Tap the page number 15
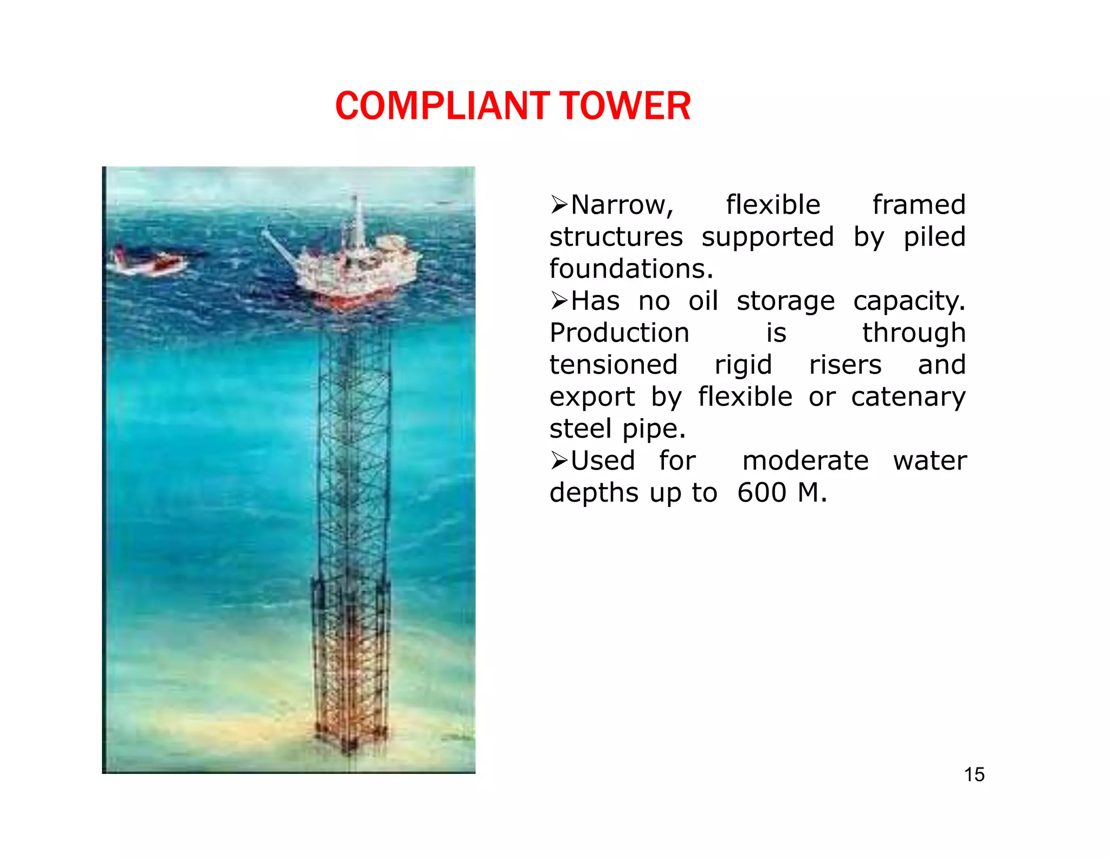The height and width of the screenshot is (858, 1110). pyautogui.click(x=974, y=774)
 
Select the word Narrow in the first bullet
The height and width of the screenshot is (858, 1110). pyautogui.click(x=622, y=205)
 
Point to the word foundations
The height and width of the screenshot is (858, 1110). pyautogui.click(x=631, y=269)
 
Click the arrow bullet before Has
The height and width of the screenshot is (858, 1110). pyautogui.click(x=559, y=300)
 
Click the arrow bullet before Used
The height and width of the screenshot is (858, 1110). pyautogui.click(x=559, y=460)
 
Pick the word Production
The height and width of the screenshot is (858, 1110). pyautogui.click(x=619, y=333)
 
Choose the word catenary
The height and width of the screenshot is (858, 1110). pyautogui.click(x=908, y=397)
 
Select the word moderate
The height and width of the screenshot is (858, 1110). pyautogui.click(x=805, y=461)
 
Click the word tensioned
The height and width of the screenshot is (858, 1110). pyautogui.click(x=614, y=364)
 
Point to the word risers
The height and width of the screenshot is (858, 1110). pyautogui.click(x=845, y=364)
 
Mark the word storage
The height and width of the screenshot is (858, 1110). pyautogui.click(x=785, y=301)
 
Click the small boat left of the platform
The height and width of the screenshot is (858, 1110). pyautogui.click(x=149, y=263)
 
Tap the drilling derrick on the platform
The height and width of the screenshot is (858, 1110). pyautogui.click(x=357, y=222)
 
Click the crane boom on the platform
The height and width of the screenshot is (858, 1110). pyautogui.click(x=279, y=247)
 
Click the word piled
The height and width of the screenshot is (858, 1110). pyautogui.click(x=934, y=237)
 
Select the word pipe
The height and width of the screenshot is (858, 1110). pyautogui.click(x=654, y=429)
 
